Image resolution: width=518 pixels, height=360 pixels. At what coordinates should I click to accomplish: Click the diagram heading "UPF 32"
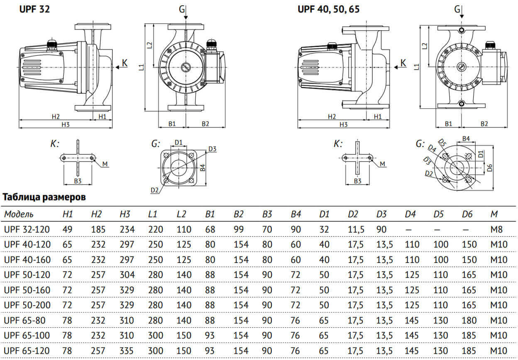coord(34,9)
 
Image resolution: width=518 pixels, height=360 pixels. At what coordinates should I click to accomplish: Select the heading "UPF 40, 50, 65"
coord(328,9)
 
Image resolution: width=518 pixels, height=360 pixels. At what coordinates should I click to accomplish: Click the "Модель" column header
coord(19,214)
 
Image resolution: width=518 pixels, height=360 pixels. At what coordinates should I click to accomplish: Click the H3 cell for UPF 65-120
coord(127,350)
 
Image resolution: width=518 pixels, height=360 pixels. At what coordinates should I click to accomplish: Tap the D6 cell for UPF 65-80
coord(469,320)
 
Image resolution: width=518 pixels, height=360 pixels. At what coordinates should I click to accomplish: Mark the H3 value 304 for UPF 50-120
coord(127,275)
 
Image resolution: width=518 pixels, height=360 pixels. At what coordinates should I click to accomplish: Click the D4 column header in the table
coord(410,214)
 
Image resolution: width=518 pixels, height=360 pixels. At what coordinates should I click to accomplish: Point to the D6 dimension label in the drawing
coord(490,168)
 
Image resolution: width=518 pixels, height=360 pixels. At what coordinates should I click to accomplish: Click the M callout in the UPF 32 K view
coord(105,164)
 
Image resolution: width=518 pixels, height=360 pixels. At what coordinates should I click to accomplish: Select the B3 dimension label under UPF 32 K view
coord(77,180)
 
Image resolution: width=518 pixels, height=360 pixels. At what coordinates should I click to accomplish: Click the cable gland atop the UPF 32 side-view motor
coord(52,43)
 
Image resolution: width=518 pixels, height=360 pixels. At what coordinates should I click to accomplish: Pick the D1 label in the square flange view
coord(179,142)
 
